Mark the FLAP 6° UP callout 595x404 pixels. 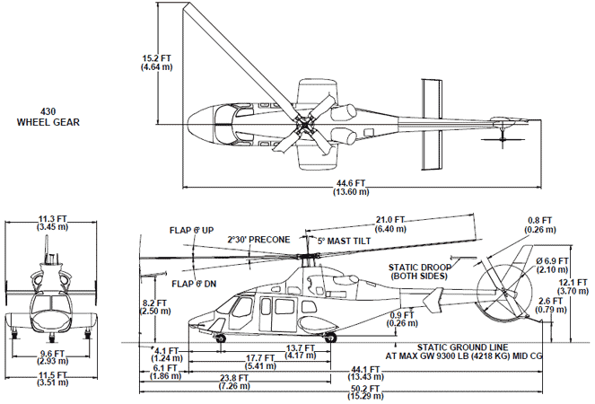[191, 231]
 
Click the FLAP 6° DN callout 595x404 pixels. [191, 285]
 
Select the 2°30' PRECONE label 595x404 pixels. [259, 240]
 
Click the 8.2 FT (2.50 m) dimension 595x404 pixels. [154, 307]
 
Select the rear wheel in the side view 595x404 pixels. [330, 338]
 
